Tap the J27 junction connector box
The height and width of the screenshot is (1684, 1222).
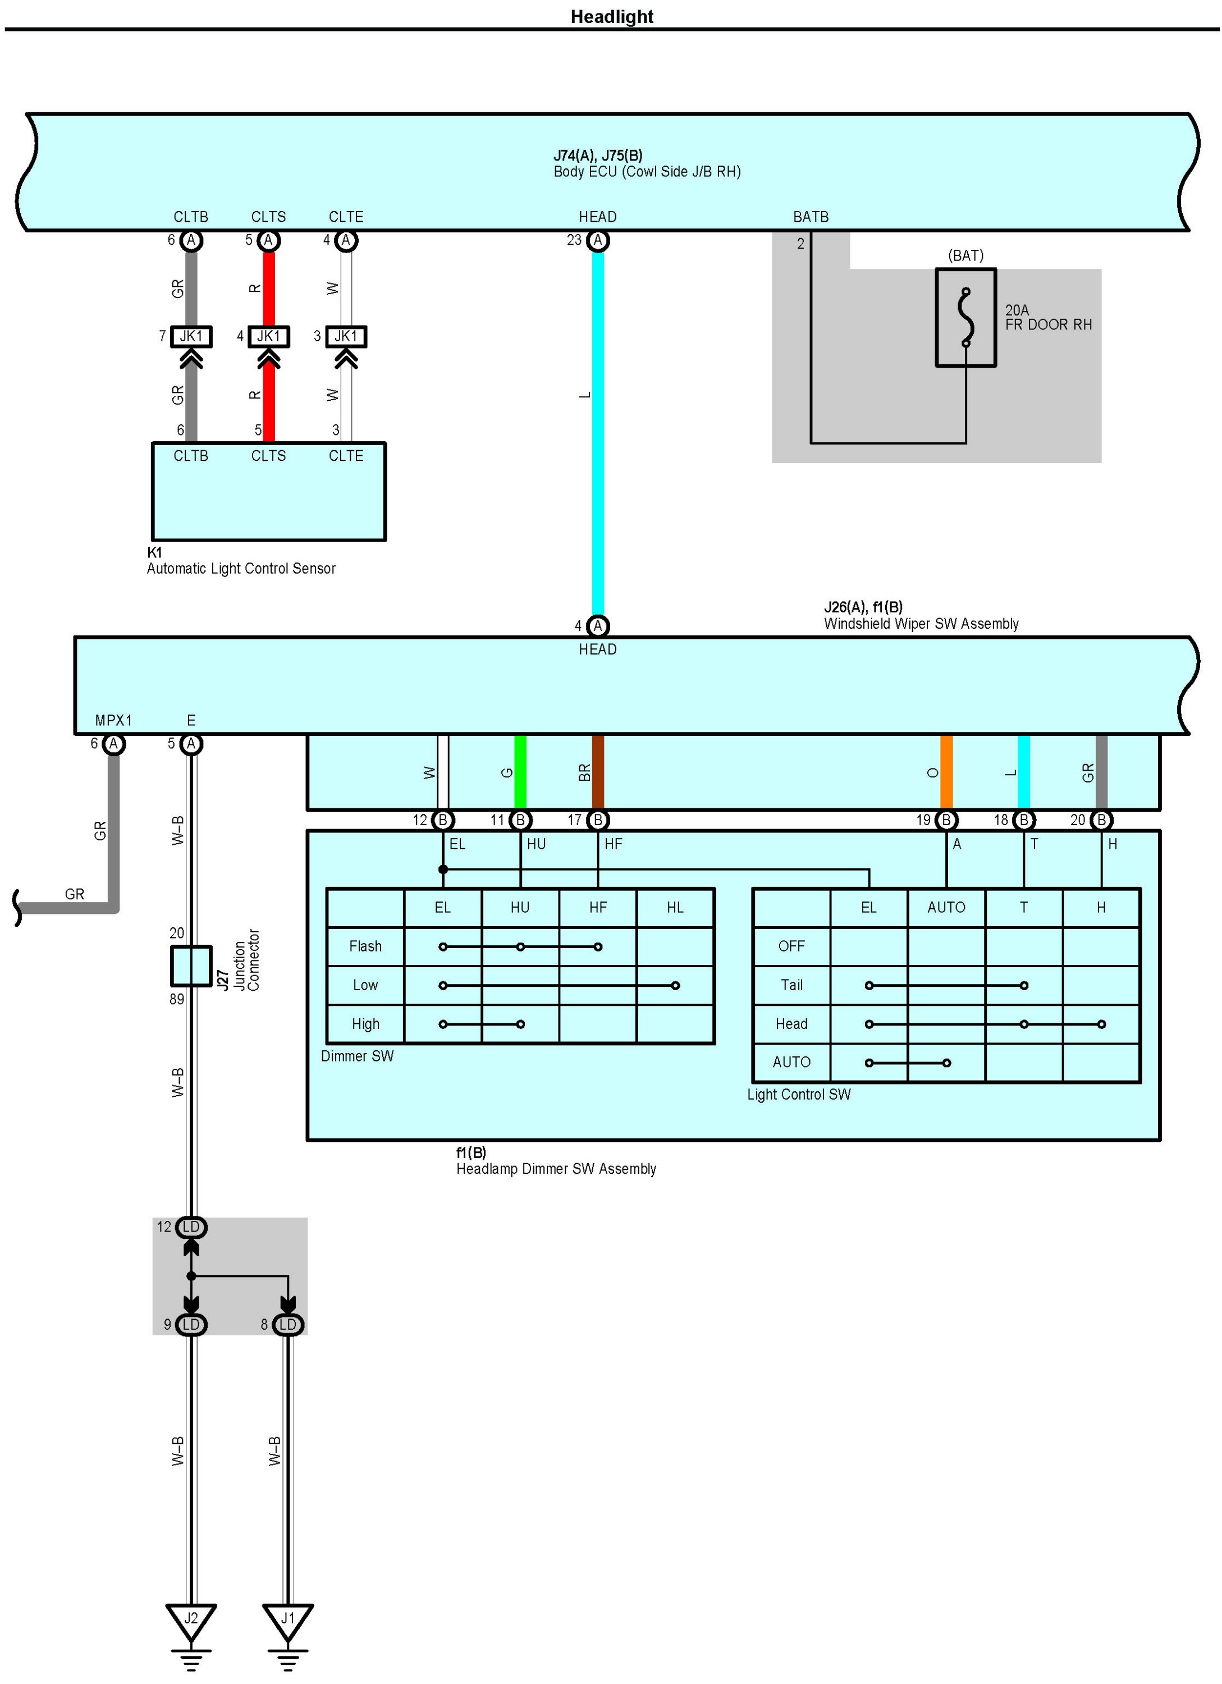click(x=191, y=965)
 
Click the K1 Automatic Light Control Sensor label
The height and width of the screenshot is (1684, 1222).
click(x=241, y=561)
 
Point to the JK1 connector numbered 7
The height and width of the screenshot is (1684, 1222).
click(x=191, y=336)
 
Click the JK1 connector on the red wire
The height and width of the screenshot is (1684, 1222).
click(x=269, y=336)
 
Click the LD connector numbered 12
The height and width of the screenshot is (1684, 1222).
click(x=191, y=1228)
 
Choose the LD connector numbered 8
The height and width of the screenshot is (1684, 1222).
click(x=288, y=1325)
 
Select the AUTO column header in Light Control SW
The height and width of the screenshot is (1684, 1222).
click(x=946, y=907)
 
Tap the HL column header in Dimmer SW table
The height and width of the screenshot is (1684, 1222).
click(x=675, y=907)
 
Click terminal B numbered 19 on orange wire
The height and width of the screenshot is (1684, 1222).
click(x=946, y=820)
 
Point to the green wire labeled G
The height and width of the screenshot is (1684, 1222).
click(x=520, y=772)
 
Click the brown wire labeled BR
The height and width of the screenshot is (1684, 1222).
click(x=598, y=772)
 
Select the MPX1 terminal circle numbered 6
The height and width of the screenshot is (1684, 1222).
click(x=113, y=743)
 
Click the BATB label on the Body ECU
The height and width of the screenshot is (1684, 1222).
click(x=811, y=217)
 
